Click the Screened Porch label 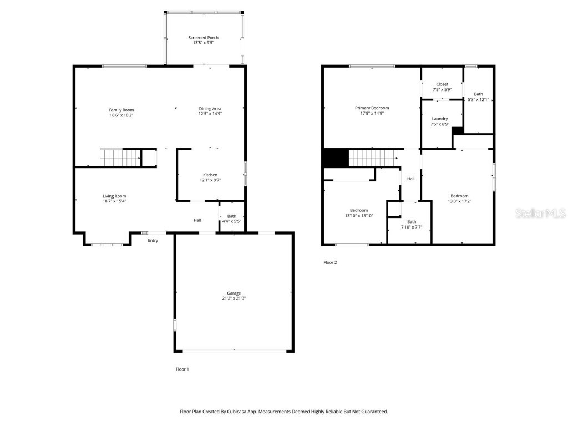[204, 38]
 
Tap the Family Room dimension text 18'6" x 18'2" [121, 115]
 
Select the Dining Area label [210, 108]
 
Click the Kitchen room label [210, 175]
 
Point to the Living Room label [114, 196]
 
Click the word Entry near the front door [153, 240]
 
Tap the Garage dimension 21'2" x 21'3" [234, 298]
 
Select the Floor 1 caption [182, 369]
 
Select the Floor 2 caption [330, 262]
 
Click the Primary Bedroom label [372, 108]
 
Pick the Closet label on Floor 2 [442, 84]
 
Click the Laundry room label [440, 119]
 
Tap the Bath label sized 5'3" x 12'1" [478, 94]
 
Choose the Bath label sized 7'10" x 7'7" [412, 221]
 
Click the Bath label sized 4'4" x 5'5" [232, 216]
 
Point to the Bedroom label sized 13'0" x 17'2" [459, 196]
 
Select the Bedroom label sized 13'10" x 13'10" [359, 210]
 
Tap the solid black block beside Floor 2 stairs [335, 158]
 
